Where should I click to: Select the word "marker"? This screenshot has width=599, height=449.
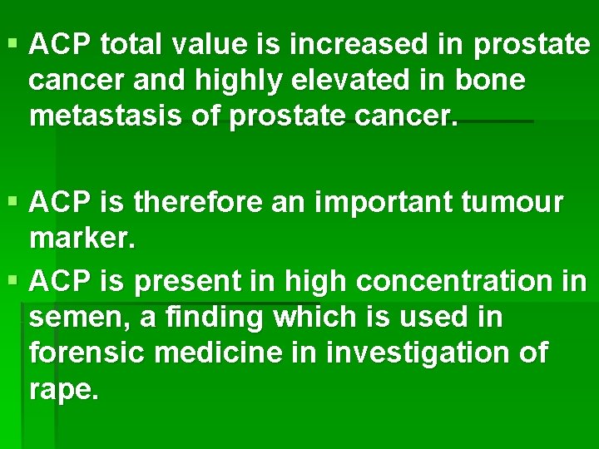(x=80, y=239)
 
